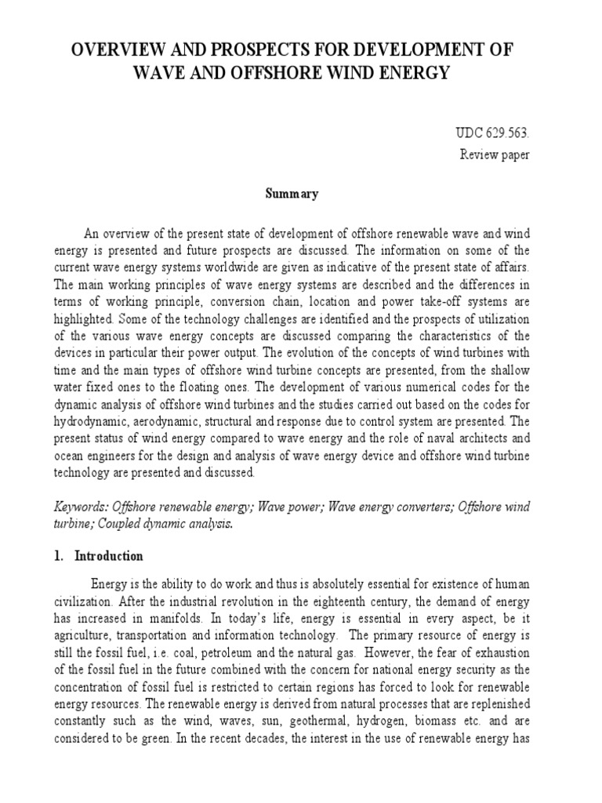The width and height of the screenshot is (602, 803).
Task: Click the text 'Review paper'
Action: (x=495, y=154)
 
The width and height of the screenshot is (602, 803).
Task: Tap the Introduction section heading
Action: (x=109, y=556)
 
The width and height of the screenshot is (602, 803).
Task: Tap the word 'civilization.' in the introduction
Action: (x=89, y=604)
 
